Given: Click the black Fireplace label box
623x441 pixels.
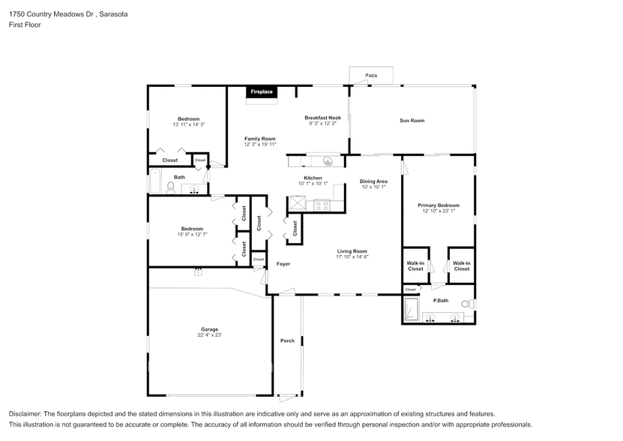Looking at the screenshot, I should coord(262,91).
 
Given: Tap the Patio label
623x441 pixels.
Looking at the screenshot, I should coord(371,76).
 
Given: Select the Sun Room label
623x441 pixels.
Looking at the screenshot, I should coord(412,120).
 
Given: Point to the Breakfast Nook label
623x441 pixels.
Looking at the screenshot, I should coord(322,118).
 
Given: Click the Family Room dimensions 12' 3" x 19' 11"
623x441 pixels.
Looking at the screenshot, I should coord(260,144).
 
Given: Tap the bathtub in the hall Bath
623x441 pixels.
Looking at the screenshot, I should coord(155,182).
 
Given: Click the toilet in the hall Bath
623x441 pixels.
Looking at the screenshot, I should coord(170,187).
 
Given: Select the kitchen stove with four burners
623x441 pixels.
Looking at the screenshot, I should coord(322,204).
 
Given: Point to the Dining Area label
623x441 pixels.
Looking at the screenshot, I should coord(373,181).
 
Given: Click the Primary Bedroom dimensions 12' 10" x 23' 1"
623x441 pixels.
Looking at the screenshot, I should coord(439,211).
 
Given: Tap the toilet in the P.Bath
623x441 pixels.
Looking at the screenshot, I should coord(466,304).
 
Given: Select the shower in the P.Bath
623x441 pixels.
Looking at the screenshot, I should coord(412,307).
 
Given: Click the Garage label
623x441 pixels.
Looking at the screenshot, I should coord(209,329).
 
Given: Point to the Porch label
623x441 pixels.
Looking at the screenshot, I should coord(287,340).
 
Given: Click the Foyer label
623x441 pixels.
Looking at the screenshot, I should coord(283,264).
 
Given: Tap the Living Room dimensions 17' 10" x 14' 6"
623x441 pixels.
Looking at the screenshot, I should coord(352,257).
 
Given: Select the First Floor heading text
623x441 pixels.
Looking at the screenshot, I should coord(25,25).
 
